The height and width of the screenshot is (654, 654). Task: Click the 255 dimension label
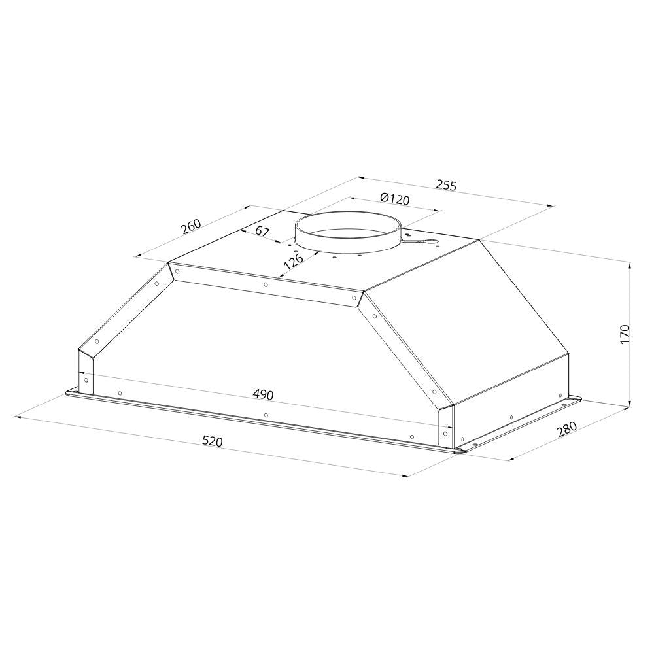pyautogui.click(x=445, y=186)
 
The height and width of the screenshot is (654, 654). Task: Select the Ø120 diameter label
pyautogui.click(x=394, y=199)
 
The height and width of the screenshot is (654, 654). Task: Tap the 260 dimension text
pyautogui.click(x=190, y=226)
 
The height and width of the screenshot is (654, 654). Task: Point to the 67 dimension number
pyautogui.click(x=262, y=231)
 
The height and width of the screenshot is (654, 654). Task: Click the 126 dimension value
pyautogui.click(x=293, y=261)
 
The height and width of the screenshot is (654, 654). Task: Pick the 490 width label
pyautogui.click(x=263, y=395)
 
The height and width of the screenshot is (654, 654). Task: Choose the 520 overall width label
pyautogui.click(x=213, y=442)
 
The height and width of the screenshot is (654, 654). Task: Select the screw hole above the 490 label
pyautogui.click(x=265, y=284)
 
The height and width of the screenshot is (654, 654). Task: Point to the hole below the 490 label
pyautogui.click(x=265, y=415)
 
